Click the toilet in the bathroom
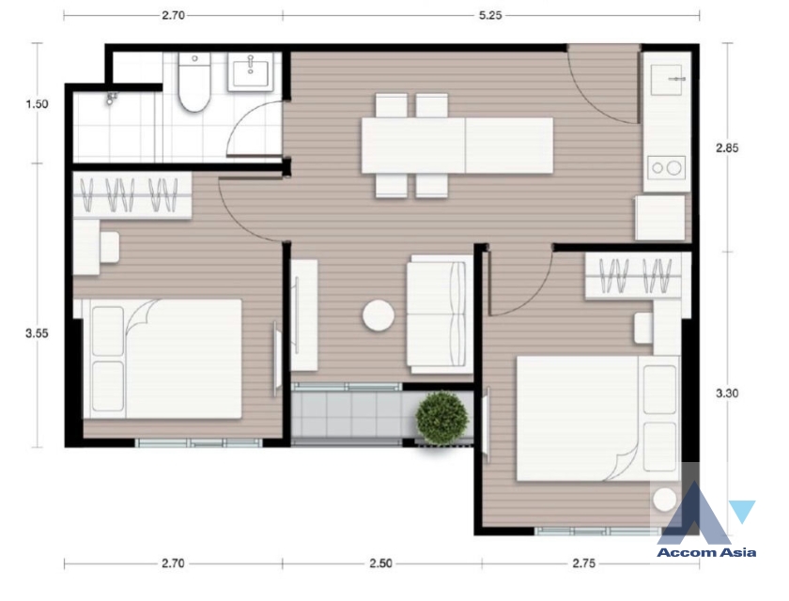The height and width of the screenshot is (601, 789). coord(193,85)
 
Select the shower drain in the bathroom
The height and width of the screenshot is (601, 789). coord(113,97)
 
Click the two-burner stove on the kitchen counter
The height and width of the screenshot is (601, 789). coord(667,169)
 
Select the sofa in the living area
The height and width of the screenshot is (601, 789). coord(437,312)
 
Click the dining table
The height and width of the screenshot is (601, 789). coord(456,146)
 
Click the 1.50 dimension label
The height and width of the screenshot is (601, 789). coord(37,104)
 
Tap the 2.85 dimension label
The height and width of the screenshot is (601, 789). coord(727,147)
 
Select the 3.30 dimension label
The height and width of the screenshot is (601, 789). coord(727,394)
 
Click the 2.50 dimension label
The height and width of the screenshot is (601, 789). coord(379,564)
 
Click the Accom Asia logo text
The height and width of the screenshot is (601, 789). coord(707,552)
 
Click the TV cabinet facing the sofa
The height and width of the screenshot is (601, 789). coord(303,316)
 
